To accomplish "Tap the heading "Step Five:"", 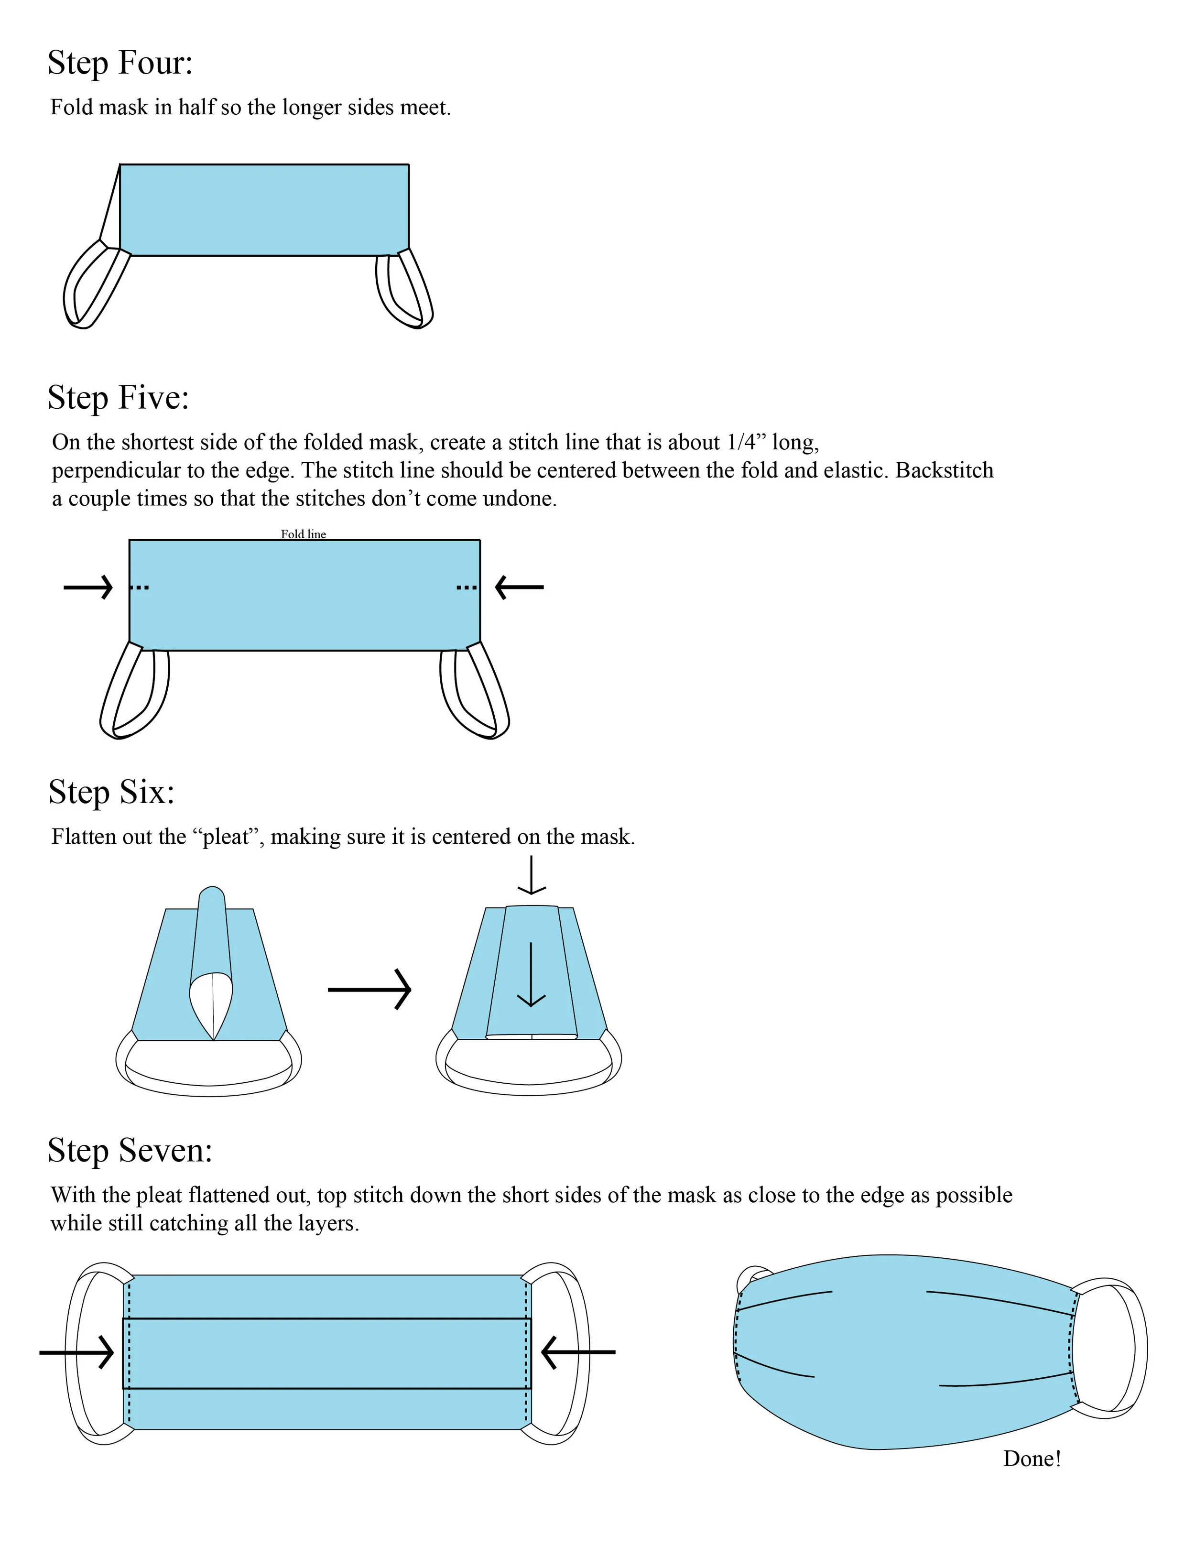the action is [x=118, y=398].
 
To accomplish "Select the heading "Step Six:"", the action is [x=111, y=792].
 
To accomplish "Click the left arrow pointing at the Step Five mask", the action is [x=88, y=587].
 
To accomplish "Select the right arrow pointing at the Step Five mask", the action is [x=519, y=587].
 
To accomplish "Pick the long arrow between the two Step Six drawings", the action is [x=369, y=990].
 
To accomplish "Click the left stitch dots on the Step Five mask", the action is [x=140, y=588].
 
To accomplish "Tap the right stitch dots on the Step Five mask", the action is [x=467, y=588].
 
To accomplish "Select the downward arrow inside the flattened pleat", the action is [x=531, y=974].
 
